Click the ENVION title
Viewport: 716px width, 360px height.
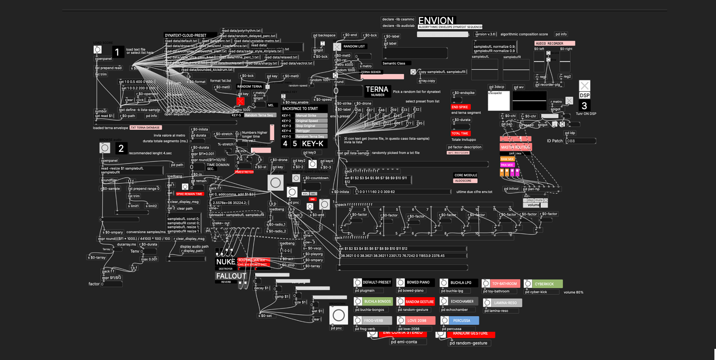coord(436,21)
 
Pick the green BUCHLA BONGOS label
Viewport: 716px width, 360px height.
coord(377,302)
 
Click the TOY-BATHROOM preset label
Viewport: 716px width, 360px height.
coord(505,284)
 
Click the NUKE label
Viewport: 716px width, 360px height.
coord(226,262)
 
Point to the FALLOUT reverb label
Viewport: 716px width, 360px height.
coord(231,276)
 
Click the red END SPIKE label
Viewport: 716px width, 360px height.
coord(460,107)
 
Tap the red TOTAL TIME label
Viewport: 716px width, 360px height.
coord(460,134)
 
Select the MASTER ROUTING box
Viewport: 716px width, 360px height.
coord(515,147)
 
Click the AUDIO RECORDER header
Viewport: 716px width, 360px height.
coord(554,43)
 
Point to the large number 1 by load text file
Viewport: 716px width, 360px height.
coord(117,52)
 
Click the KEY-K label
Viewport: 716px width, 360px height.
coord(313,143)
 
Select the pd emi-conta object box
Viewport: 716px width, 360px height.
coord(404,342)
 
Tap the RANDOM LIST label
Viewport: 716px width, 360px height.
coord(354,46)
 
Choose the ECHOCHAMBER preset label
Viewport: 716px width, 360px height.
coord(462,302)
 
